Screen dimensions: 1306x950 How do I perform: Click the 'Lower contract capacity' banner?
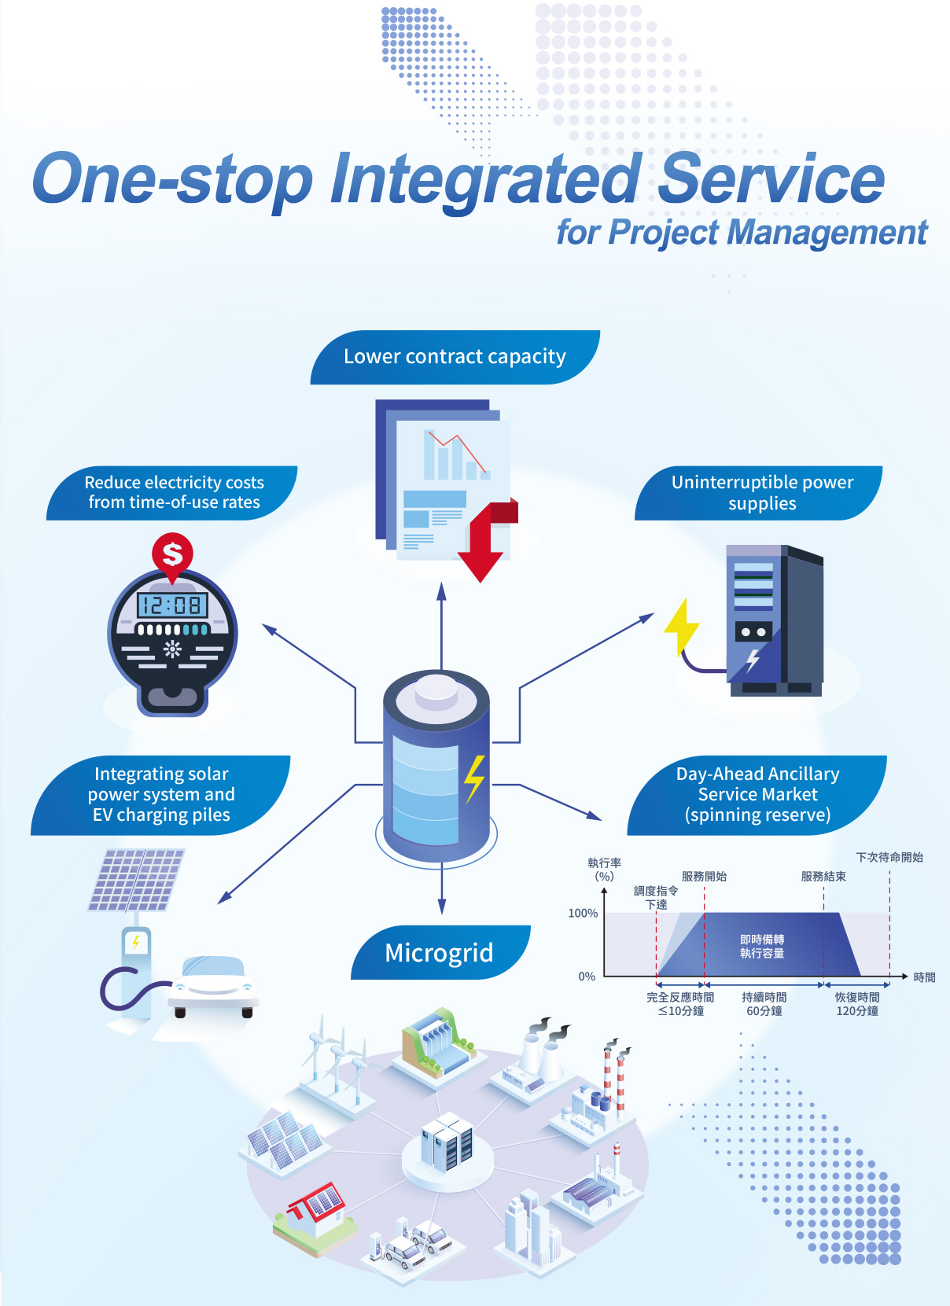[455, 357]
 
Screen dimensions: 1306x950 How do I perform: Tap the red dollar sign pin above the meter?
[172, 554]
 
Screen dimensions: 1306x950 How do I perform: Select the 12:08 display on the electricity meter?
[172, 605]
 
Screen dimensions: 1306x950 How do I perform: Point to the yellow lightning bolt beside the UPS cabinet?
[681, 626]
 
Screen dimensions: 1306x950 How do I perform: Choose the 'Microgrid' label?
[439, 953]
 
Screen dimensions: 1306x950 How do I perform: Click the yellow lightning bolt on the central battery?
[474, 778]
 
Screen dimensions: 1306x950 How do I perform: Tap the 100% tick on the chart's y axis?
[583, 913]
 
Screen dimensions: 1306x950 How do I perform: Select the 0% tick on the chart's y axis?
[587, 977]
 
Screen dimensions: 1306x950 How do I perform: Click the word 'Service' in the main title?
[771, 179]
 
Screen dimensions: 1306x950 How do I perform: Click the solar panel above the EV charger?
[137, 879]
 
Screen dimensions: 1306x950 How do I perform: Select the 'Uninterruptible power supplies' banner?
[761, 493]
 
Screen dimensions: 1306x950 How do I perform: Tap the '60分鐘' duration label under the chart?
[764, 1011]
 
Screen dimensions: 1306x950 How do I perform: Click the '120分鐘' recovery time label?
[856, 1011]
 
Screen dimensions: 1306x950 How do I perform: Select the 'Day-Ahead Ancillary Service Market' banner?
[757, 794]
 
